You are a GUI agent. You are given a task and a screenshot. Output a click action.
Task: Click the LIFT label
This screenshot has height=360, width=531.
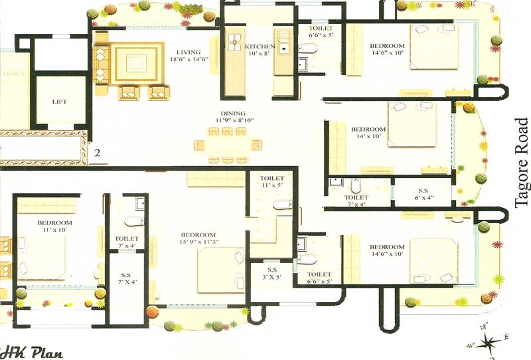click(60, 102)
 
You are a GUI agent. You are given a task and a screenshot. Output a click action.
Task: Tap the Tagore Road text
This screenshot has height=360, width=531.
click(522, 163)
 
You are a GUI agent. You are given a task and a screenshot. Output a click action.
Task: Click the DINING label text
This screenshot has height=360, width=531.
click(231, 114)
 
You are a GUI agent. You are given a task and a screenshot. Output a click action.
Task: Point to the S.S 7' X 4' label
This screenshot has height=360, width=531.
click(126, 280)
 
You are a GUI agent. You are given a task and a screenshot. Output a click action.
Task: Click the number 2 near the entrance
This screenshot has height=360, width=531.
click(97, 153)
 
